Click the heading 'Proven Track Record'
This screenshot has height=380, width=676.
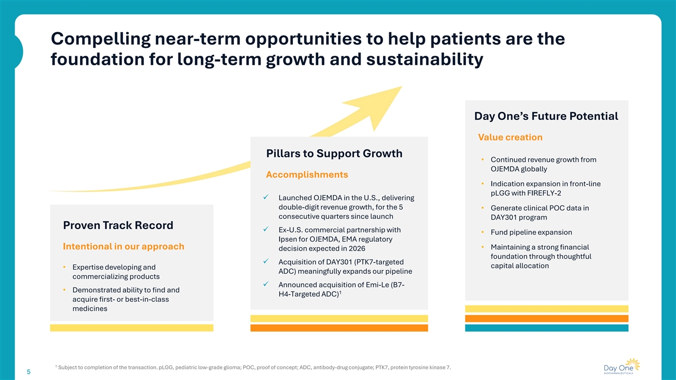click(x=118, y=225)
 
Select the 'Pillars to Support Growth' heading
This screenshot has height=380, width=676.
click(x=334, y=154)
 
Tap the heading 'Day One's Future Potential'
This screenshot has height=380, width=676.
click(x=546, y=117)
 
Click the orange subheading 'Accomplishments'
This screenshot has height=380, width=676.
click(x=307, y=175)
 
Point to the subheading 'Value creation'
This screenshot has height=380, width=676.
click(x=510, y=137)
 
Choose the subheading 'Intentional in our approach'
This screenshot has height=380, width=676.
click(x=123, y=247)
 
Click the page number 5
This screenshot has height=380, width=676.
click(x=29, y=372)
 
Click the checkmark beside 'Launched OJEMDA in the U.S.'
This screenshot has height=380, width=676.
click(x=265, y=197)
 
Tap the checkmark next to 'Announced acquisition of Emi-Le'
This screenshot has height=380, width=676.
click(x=265, y=284)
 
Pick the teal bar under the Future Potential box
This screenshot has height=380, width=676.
click(x=546, y=328)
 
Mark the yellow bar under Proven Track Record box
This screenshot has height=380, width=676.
click(x=132, y=328)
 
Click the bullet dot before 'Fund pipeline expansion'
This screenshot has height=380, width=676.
click(x=483, y=233)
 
